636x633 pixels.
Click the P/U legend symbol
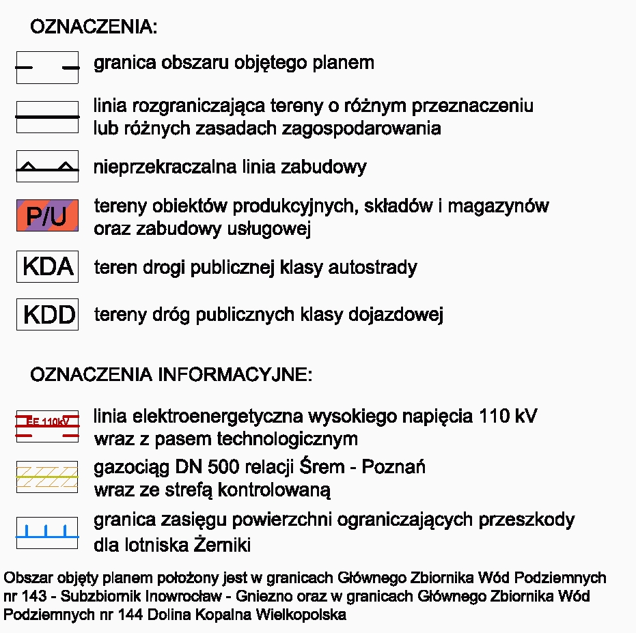(x=47, y=216)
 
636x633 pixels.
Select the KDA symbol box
(x=47, y=266)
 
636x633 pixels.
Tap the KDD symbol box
(x=47, y=314)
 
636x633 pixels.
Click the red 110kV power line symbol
(x=47, y=425)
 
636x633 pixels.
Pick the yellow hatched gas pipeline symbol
(x=47, y=477)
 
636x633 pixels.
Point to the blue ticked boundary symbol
(x=47, y=532)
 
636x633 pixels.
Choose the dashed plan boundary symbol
(x=47, y=67)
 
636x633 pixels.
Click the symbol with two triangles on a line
(x=47, y=166)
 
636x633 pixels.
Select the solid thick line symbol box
(x=47, y=117)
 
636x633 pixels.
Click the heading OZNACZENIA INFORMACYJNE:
(x=171, y=375)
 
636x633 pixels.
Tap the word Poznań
(x=393, y=468)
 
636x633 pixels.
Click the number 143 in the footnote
(x=33, y=596)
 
